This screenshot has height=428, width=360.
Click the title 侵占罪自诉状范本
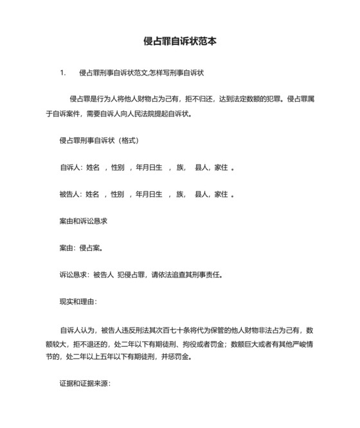point(179,41)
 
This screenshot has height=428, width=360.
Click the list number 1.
point(62,73)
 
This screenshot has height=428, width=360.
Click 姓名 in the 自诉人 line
point(93,167)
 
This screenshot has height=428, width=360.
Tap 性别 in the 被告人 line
point(117,194)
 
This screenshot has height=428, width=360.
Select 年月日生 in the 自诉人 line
point(148,167)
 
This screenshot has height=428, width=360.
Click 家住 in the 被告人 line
point(221,194)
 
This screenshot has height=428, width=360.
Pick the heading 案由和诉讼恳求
point(83,221)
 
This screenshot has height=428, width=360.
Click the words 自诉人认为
point(78,328)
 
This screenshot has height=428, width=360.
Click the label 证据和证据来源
point(85,383)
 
